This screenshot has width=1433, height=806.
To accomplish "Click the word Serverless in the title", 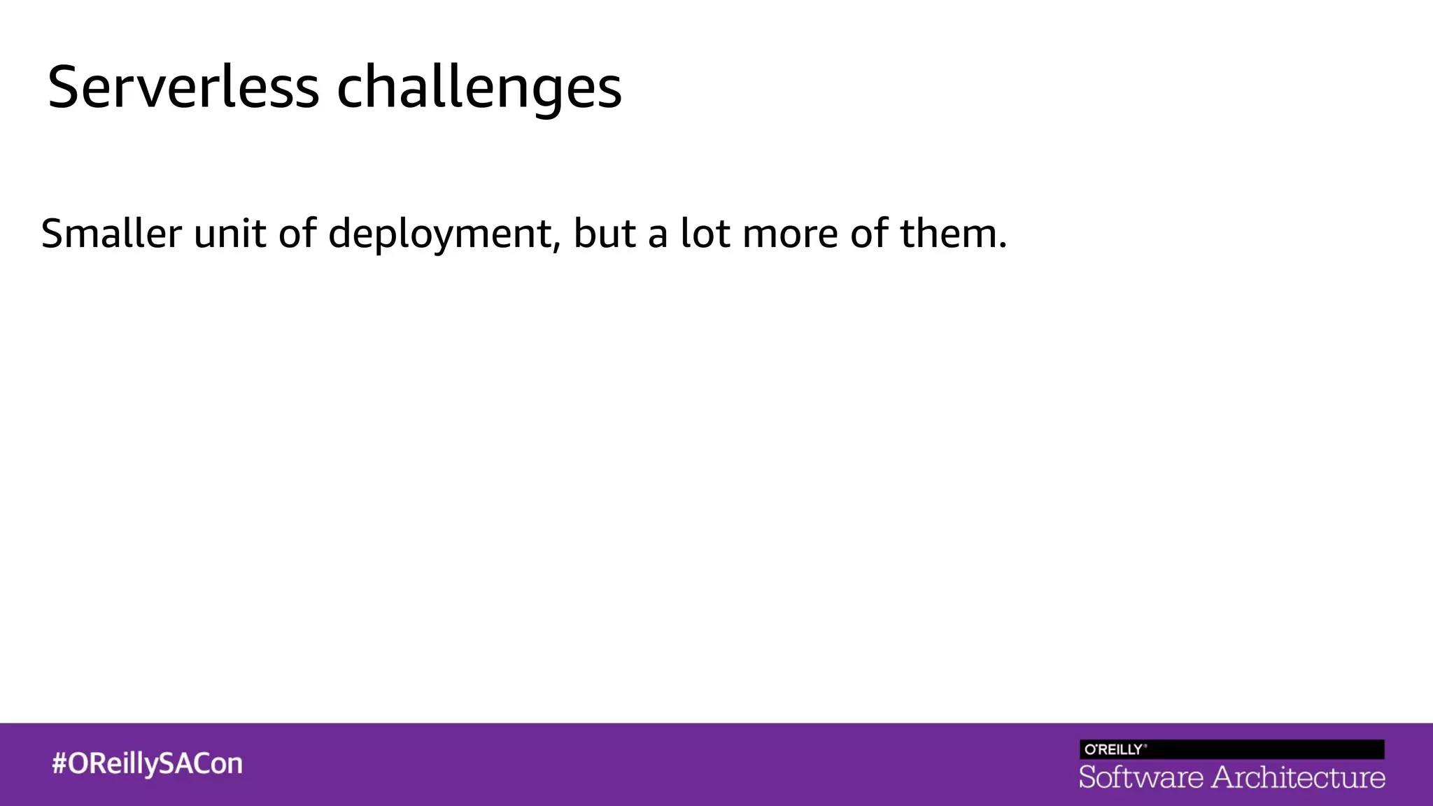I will pos(183,87).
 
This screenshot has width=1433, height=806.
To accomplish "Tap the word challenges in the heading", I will pos(479,87).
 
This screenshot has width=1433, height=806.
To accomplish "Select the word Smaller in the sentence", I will pos(111,233).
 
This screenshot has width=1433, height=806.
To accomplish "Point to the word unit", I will pos(230,233).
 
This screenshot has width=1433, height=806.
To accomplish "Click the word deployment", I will pos(440,234).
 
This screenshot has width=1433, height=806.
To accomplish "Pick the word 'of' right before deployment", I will pos(297,233).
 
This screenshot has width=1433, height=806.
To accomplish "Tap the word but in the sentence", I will pos(605,233).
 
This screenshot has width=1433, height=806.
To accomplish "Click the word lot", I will pos(705,233).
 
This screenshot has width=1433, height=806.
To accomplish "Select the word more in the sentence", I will pos(790,234).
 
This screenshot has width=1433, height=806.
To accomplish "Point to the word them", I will pos(948,233).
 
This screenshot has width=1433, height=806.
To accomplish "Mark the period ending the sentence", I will pos(1003,246).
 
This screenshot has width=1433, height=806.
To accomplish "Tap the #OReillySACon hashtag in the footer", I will pos(148,763).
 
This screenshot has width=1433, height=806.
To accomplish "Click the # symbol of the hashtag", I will pos(59,763).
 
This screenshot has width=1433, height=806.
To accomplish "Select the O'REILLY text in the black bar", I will pos(1114,749).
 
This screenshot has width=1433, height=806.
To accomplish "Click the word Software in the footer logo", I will pos(1141,777).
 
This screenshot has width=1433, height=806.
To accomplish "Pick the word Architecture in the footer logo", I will pos(1299,777).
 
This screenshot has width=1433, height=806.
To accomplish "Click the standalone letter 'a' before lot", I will pos(658,236).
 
